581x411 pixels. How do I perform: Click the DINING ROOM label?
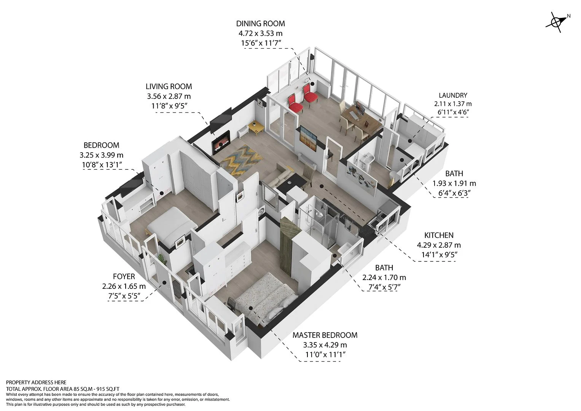click(x=260, y=24)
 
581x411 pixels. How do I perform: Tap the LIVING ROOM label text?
click(x=169, y=86)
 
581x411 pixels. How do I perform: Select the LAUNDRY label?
click(x=453, y=95)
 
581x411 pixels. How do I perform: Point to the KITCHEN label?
click(x=439, y=235)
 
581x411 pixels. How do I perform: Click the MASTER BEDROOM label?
click(x=325, y=335)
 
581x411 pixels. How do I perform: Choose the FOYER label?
click(x=124, y=277)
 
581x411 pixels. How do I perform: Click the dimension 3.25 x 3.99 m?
click(x=102, y=155)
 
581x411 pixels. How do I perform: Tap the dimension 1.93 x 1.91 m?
click(x=454, y=183)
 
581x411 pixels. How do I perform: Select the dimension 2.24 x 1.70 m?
click(x=384, y=278)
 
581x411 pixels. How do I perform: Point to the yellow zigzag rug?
click(x=239, y=159)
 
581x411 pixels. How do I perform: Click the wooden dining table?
click(x=361, y=119)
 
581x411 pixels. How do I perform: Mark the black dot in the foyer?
click(x=164, y=282)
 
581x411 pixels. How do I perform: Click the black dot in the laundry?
click(x=410, y=141)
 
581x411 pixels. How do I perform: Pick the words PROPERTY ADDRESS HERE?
click(x=36, y=382)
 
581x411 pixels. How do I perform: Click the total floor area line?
click(x=63, y=389)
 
